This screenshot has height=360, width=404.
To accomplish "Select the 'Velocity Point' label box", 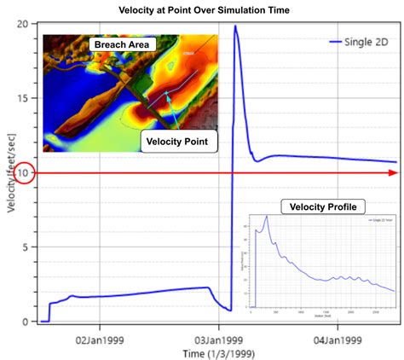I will pyautogui.click(x=178, y=140).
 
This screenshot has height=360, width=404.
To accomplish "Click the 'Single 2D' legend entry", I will pyautogui.click(x=358, y=41).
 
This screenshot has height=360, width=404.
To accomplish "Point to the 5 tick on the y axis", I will pyautogui.click(x=30, y=247).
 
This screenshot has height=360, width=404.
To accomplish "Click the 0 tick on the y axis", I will pyautogui.click(x=30, y=322).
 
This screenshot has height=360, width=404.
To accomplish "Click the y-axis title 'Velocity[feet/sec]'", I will pyautogui.click(x=9, y=171).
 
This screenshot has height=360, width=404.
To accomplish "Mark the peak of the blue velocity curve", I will pyautogui.click(x=235, y=26).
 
